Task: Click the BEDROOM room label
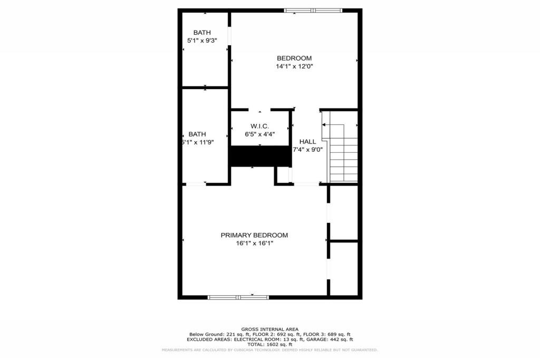294,58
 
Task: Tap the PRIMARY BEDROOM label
254,235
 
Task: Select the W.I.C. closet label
259,126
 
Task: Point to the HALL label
307,141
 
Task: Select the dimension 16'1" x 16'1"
254,244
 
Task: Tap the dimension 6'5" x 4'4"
259,134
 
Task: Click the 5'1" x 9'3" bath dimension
202,41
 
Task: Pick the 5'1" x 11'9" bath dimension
198,142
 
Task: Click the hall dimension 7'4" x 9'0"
308,150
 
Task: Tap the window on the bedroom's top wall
313,10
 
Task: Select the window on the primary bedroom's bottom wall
239,297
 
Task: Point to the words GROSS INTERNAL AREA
269,329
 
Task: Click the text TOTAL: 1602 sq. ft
269,345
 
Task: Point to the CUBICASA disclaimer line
269,350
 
